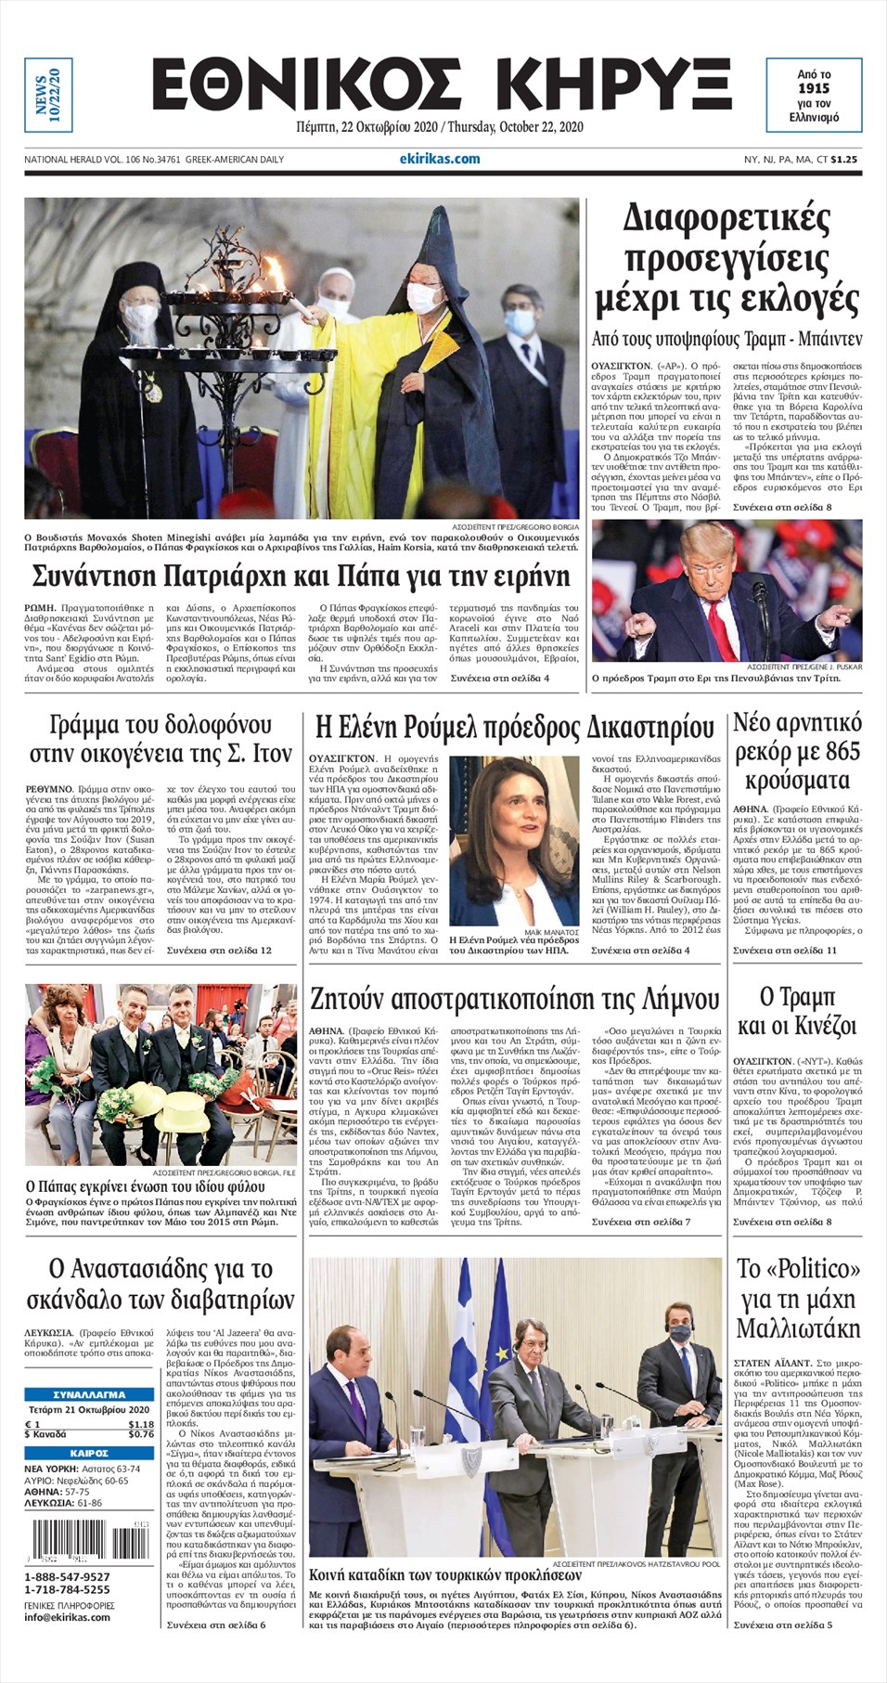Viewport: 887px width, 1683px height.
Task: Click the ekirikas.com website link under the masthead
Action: (x=440, y=159)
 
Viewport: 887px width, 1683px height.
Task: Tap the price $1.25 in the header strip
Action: (x=844, y=160)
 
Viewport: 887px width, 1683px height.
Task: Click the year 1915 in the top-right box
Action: (x=814, y=88)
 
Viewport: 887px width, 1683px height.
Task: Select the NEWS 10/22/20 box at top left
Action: (x=47, y=94)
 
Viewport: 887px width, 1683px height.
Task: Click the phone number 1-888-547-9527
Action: (x=67, y=1577)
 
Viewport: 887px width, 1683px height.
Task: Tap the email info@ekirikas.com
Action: (x=67, y=1617)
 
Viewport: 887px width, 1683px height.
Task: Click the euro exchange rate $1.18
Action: (x=141, y=1424)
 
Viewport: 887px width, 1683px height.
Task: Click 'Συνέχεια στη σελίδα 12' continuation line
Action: (x=219, y=951)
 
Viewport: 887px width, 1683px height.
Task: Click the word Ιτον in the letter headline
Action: (x=272, y=755)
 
